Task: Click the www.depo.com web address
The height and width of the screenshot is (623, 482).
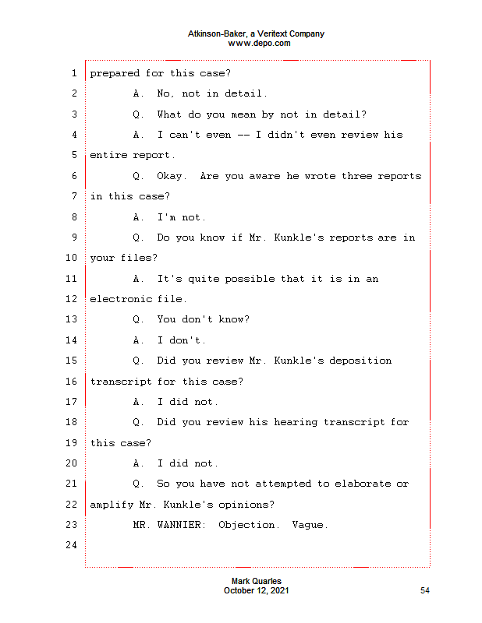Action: tap(259, 44)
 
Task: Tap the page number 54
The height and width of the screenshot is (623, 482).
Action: tap(425, 590)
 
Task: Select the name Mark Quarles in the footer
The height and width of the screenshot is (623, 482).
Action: tap(257, 581)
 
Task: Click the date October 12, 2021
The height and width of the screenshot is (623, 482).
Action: tap(257, 590)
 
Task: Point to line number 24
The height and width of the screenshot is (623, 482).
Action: tap(71, 544)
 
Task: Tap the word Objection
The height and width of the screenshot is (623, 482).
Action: tap(246, 525)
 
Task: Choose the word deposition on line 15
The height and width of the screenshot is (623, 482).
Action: tap(360, 361)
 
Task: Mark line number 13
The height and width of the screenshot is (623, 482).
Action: tap(71, 319)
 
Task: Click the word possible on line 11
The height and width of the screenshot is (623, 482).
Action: tap(250, 279)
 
